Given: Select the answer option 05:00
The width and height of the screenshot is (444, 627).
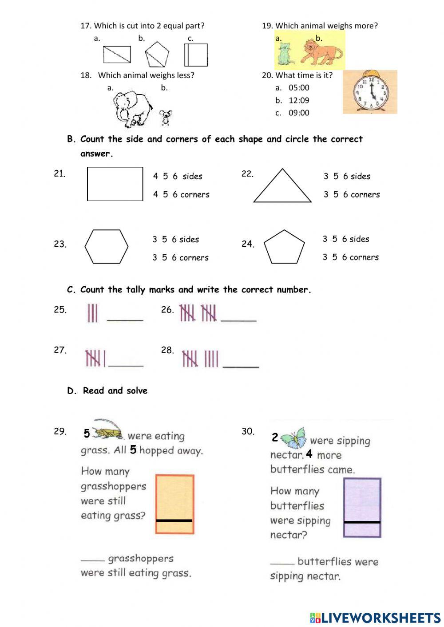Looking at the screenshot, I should pyautogui.click(x=298, y=88).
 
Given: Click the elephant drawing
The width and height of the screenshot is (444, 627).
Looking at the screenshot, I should pyautogui.click(x=132, y=108).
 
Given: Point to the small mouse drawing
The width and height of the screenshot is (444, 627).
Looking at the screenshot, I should pyautogui.click(x=166, y=118).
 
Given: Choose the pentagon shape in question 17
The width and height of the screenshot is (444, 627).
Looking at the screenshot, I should pyautogui.click(x=157, y=54).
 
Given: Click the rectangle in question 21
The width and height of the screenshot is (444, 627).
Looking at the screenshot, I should pyautogui.click(x=115, y=184).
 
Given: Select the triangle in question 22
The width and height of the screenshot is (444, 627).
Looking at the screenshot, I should pyautogui.click(x=282, y=186).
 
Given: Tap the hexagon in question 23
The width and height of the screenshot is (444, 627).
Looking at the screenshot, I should pyautogui.click(x=107, y=247).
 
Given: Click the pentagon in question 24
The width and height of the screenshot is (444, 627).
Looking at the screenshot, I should pyautogui.click(x=284, y=247).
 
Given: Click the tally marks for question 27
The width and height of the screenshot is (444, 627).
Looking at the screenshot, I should pyautogui.click(x=95, y=358).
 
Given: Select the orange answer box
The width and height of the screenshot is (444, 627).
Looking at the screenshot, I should pyautogui.click(x=174, y=504).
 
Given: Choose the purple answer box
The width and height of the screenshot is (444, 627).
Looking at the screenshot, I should pyautogui.click(x=362, y=507).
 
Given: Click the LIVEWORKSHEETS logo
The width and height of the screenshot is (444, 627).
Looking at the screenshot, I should pyautogui.click(x=375, y=617).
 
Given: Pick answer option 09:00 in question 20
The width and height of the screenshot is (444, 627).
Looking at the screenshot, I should pyautogui.click(x=298, y=113).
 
